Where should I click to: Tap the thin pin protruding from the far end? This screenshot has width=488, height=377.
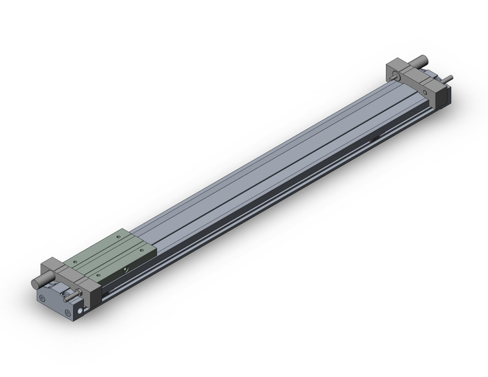(449, 80)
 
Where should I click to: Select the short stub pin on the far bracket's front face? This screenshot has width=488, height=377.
(394, 78)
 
